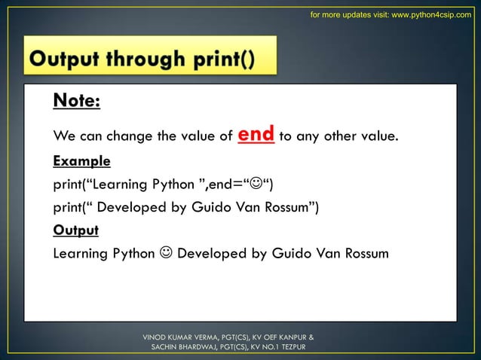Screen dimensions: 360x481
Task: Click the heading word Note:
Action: pos(76,101)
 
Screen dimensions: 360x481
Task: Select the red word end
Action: pos(256,136)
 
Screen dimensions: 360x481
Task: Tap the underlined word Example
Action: pos(81,161)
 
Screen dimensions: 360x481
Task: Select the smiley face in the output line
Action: pos(165,253)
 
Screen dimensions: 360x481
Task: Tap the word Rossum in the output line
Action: pos(366,253)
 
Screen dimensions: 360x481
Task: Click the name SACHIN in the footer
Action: pos(166,347)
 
